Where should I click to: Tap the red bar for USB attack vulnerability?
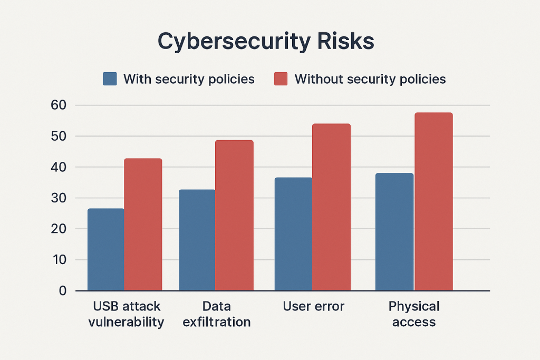click(143, 225)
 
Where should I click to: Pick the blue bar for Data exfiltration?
click(197, 240)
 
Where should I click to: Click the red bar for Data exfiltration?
click(234, 215)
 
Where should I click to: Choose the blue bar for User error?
click(293, 234)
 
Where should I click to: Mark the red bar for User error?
click(331, 207)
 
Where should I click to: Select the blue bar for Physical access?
click(394, 232)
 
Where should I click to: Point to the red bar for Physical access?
click(433, 201)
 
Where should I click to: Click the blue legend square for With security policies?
click(110, 79)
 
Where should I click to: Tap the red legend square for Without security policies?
click(281, 79)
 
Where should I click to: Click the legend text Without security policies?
click(370, 79)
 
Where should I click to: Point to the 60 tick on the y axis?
click(59, 105)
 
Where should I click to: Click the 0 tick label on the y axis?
click(63, 291)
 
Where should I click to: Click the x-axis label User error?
click(313, 307)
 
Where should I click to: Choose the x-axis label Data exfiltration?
click(216, 314)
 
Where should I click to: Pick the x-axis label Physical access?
click(414, 314)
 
